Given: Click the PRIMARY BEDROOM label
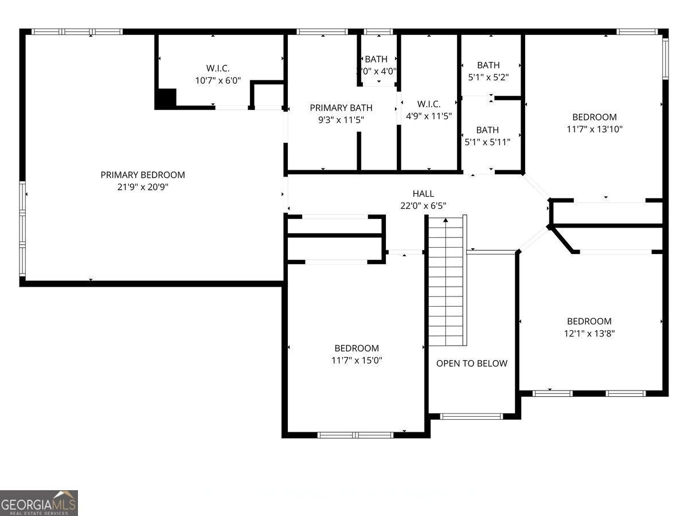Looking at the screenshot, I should tap(143, 175).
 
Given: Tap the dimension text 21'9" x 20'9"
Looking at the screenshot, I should tap(143, 187).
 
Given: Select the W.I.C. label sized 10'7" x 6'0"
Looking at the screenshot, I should tap(218, 68).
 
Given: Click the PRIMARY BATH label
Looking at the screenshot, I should tap(341, 108).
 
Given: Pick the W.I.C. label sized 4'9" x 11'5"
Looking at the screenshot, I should tap(429, 104).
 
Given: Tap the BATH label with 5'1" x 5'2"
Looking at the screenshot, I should tap(488, 65).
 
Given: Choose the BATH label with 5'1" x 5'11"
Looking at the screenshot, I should tap(487, 130).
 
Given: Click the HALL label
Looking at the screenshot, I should tap(423, 194).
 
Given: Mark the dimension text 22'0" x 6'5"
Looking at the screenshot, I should tap(423, 206).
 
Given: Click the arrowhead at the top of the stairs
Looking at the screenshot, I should tap(445, 220).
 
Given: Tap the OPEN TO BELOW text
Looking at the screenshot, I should tap(472, 363).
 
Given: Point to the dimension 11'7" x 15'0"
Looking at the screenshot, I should tap(357, 361).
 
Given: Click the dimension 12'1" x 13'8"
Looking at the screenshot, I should tap(589, 333).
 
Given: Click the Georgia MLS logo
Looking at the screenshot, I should tap(39, 503).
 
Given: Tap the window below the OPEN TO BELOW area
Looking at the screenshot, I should tap(471, 417).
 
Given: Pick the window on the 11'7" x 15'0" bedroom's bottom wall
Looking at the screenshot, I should tap(355, 435).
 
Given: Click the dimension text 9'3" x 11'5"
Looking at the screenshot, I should tap(341, 120).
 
